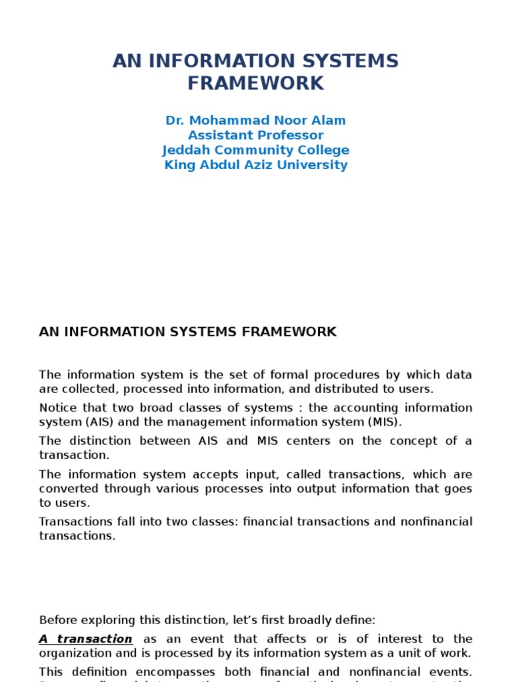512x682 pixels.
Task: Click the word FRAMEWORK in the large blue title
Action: point(255,83)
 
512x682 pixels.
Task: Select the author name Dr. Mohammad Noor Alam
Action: point(255,121)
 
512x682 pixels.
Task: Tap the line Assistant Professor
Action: point(255,135)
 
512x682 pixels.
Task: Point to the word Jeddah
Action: point(184,150)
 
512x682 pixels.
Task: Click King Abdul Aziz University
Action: point(255,165)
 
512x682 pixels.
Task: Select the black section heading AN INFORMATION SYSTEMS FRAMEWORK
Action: point(188,332)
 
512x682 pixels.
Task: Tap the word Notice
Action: point(58,408)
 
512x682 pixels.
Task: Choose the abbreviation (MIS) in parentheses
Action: point(383,422)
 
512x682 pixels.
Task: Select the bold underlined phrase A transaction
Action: point(85,639)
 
